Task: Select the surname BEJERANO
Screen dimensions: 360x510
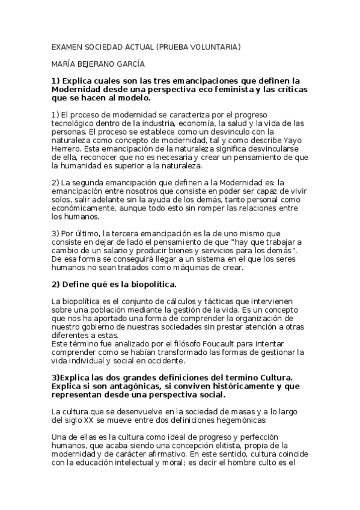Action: (96, 63)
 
